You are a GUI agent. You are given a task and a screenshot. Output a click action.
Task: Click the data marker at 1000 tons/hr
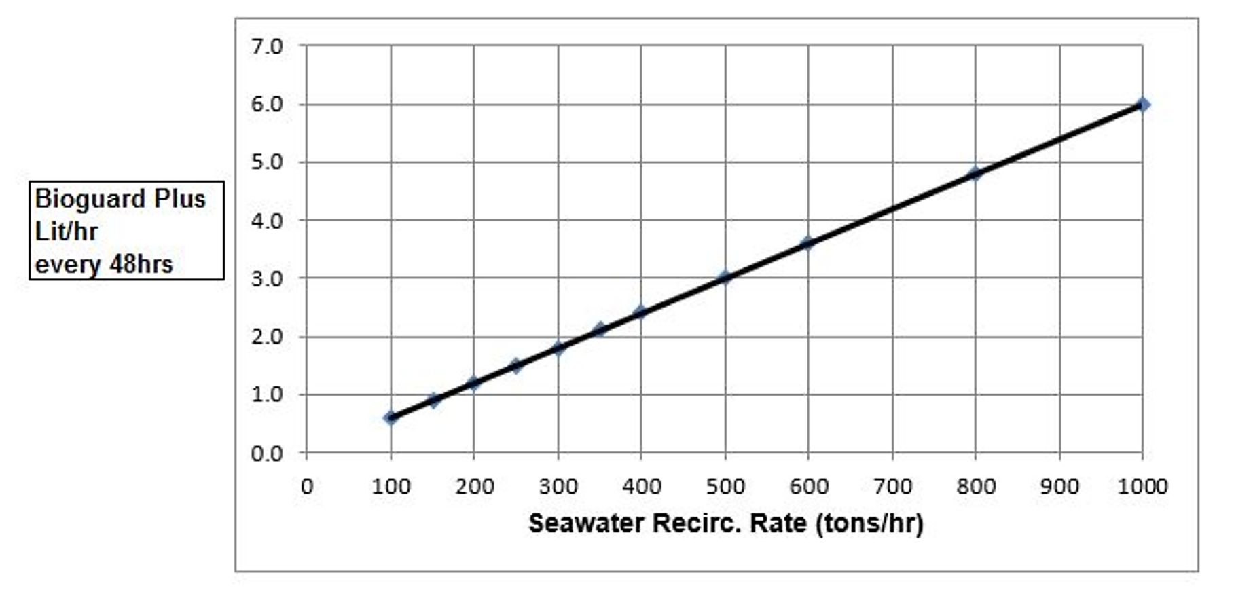[x=1142, y=105]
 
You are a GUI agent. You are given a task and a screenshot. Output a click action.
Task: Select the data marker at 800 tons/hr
[x=975, y=174]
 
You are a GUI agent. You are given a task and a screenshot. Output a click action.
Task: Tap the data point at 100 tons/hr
[x=391, y=418]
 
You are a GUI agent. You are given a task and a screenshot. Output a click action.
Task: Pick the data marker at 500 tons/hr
[x=725, y=278]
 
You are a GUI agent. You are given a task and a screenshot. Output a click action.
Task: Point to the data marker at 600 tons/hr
[x=807, y=243]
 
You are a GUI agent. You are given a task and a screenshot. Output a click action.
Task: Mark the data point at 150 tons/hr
[x=433, y=401]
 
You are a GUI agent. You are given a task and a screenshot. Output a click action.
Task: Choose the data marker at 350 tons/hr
[x=599, y=330]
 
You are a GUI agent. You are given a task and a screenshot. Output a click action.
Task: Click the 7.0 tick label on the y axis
[x=267, y=47]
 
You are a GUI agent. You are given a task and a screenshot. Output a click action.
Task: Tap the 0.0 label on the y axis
[x=267, y=453]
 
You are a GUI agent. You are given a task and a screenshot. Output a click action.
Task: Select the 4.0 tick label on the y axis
[x=267, y=221]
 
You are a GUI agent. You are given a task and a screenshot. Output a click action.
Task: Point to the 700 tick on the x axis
[x=892, y=486]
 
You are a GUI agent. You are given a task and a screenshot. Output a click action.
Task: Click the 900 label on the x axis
[x=1059, y=486]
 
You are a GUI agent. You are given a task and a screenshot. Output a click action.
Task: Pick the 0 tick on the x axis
[x=307, y=486]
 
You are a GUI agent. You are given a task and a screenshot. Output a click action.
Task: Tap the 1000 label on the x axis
[x=1142, y=486]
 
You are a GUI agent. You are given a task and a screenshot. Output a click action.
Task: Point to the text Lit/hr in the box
[x=66, y=232]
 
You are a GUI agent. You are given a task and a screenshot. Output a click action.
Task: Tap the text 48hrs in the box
[x=141, y=264]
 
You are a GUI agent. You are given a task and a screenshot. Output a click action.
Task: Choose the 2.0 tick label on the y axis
[x=267, y=337]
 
